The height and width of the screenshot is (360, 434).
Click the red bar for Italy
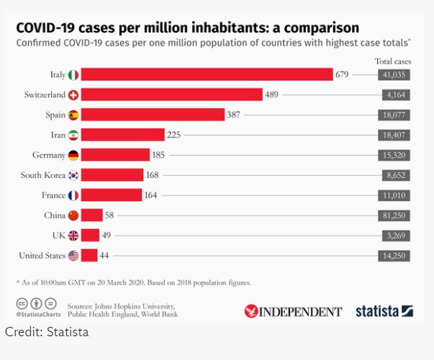(x=207, y=74)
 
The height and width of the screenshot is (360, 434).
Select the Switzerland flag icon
(x=73, y=94)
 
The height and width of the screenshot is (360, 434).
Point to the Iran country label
(x=57, y=135)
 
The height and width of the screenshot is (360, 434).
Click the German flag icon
(x=73, y=155)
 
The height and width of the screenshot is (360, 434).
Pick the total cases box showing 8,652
(x=394, y=175)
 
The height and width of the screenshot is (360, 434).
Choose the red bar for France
(x=112, y=194)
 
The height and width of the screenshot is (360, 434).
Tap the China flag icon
(x=73, y=215)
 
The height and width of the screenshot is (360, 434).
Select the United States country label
(x=42, y=255)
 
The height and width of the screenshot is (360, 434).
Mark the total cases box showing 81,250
(x=394, y=215)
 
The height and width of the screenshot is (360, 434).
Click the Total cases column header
(x=393, y=61)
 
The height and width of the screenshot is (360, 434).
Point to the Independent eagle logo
(x=251, y=311)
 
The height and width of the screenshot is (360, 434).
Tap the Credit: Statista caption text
(x=47, y=333)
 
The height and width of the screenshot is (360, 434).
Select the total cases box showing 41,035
(x=394, y=74)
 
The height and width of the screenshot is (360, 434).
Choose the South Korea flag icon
(x=73, y=175)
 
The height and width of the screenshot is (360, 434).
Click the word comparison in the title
(x=320, y=28)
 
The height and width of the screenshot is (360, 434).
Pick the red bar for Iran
(x=123, y=135)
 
